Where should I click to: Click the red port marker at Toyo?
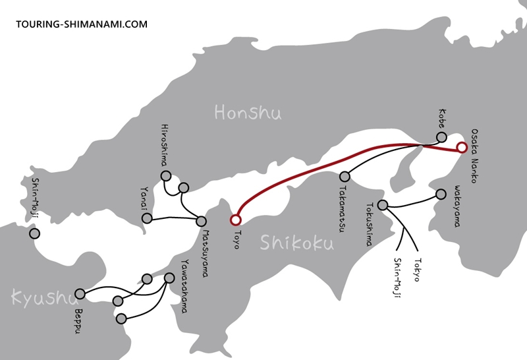pos(235,220)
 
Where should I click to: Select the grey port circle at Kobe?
pos(441,137)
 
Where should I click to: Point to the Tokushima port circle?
pos(383,205)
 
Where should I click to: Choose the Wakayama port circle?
pos(441,195)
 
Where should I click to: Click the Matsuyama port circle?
pos(201,222)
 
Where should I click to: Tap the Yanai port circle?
pos(147,218)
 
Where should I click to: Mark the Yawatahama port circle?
pos(169,278)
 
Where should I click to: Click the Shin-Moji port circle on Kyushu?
pos(34,233)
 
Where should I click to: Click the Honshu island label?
pos(248,113)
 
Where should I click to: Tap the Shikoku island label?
pos(296,243)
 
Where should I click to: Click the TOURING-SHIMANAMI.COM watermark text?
pos(82,24)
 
